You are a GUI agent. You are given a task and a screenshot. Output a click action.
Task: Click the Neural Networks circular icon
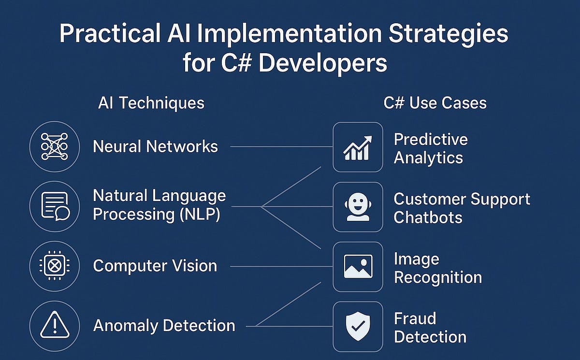(x=54, y=146)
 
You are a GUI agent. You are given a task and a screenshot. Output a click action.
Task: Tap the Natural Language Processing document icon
(x=54, y=206)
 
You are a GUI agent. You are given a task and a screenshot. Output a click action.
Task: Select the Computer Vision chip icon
(x=54, y=266)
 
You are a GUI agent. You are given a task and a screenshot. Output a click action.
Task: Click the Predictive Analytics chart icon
(x=358, y=147)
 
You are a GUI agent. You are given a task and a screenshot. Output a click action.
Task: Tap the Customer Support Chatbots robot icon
(x=358, y=207)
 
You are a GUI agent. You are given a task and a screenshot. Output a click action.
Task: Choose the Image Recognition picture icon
(x=358, y=267)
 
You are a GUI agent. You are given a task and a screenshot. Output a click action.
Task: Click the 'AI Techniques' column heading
(x=151, y=103)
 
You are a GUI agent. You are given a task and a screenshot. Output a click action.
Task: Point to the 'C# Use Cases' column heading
(x=435, y=103)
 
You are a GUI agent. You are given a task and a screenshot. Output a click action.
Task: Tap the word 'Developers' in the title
(x=322, y=63)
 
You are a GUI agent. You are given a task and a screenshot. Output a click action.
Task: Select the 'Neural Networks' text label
(x=155, y=146)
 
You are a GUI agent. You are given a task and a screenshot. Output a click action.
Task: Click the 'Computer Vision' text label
(x=155, y=266)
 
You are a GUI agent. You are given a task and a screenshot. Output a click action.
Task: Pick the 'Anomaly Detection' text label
(x=164, y=326)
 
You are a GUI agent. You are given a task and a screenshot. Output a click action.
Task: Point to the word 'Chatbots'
(x=428, y=217)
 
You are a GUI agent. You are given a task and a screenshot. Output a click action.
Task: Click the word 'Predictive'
(x=431, y=140)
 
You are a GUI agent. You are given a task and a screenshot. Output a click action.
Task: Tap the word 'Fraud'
(x=415, y=318)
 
